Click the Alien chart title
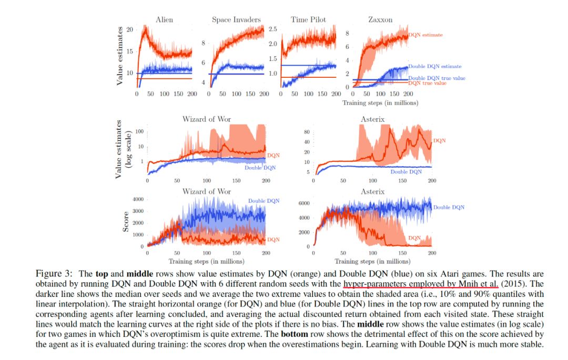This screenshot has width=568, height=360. tap(164, 20)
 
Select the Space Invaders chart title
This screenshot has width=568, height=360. tap(236, 20)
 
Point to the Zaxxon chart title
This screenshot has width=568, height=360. tap(379, 20)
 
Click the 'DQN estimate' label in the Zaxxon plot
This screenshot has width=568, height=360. tap(425, 35)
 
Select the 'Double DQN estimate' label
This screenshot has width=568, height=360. tap(435, 67)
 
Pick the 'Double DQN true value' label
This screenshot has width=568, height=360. tap(437, 78)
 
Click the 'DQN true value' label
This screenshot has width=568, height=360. tap(427, 84)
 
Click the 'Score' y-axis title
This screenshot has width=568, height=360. tap(127, 222)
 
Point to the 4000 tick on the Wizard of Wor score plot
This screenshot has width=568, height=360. tap(137, 200)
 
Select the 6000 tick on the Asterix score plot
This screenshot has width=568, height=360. tap(303, 203)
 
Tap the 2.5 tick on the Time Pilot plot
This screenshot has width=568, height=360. tap(273, 29)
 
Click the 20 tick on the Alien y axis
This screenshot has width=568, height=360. tap(130, 30)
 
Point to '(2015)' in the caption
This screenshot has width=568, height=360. tap(513, 284)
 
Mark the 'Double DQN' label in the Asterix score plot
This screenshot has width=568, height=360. tap(449, 208)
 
